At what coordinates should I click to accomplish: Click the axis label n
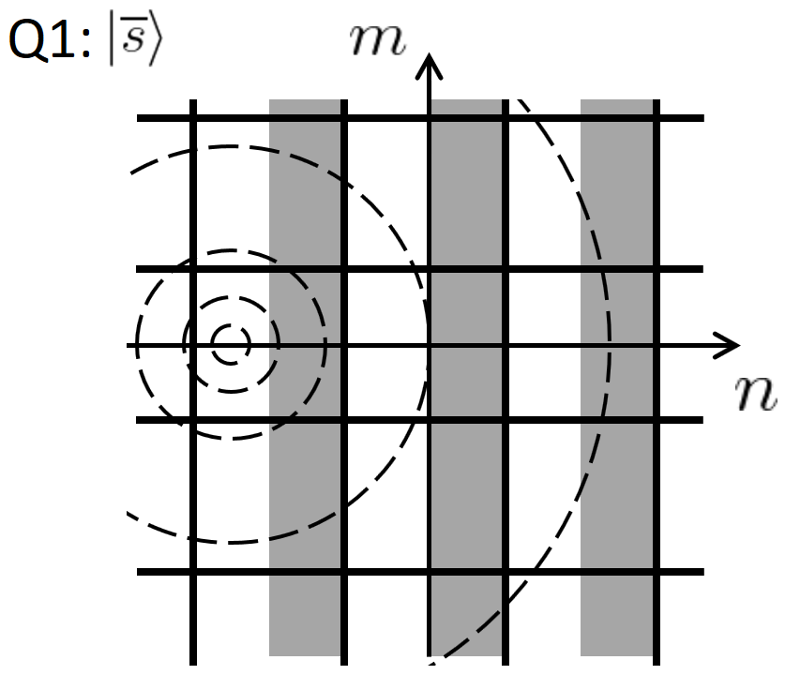pyautogui.click(x=756, y=395)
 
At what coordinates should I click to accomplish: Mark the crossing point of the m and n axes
pyautogui.click(x=430, y=345)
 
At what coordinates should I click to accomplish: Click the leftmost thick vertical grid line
pyautogui.click(x=192, y=487)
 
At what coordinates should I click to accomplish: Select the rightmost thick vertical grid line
pyautogui.click(x=655, y=487)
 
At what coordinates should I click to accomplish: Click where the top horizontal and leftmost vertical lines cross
pyautogui.click(x=192, y=118)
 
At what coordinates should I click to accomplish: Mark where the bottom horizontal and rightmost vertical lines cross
pyautogui.click(x=655, y=571)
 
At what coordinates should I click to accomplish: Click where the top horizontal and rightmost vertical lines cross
pyautogui.click(x=655, y=118)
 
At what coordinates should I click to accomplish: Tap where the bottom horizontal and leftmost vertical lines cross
pyautogui.click(x=192, y=571)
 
